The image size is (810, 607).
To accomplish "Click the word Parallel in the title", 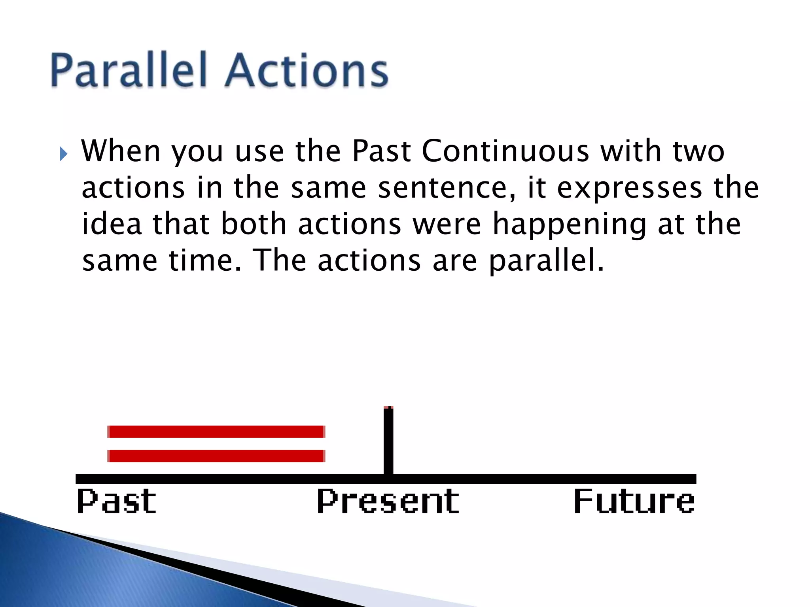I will (x=129, y=70).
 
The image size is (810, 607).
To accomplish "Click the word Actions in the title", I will (x=307, y=70).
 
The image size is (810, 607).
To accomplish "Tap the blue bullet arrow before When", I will (x=64, y=154).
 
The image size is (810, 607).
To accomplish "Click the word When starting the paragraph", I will (x=121, y=151).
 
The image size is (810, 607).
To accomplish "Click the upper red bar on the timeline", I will (x=216, y=432).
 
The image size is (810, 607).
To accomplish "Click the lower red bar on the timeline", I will (x=216, y=456).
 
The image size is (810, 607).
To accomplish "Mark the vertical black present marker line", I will (x=388, y=443).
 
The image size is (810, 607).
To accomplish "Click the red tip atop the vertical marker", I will (x=388, y=407).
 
